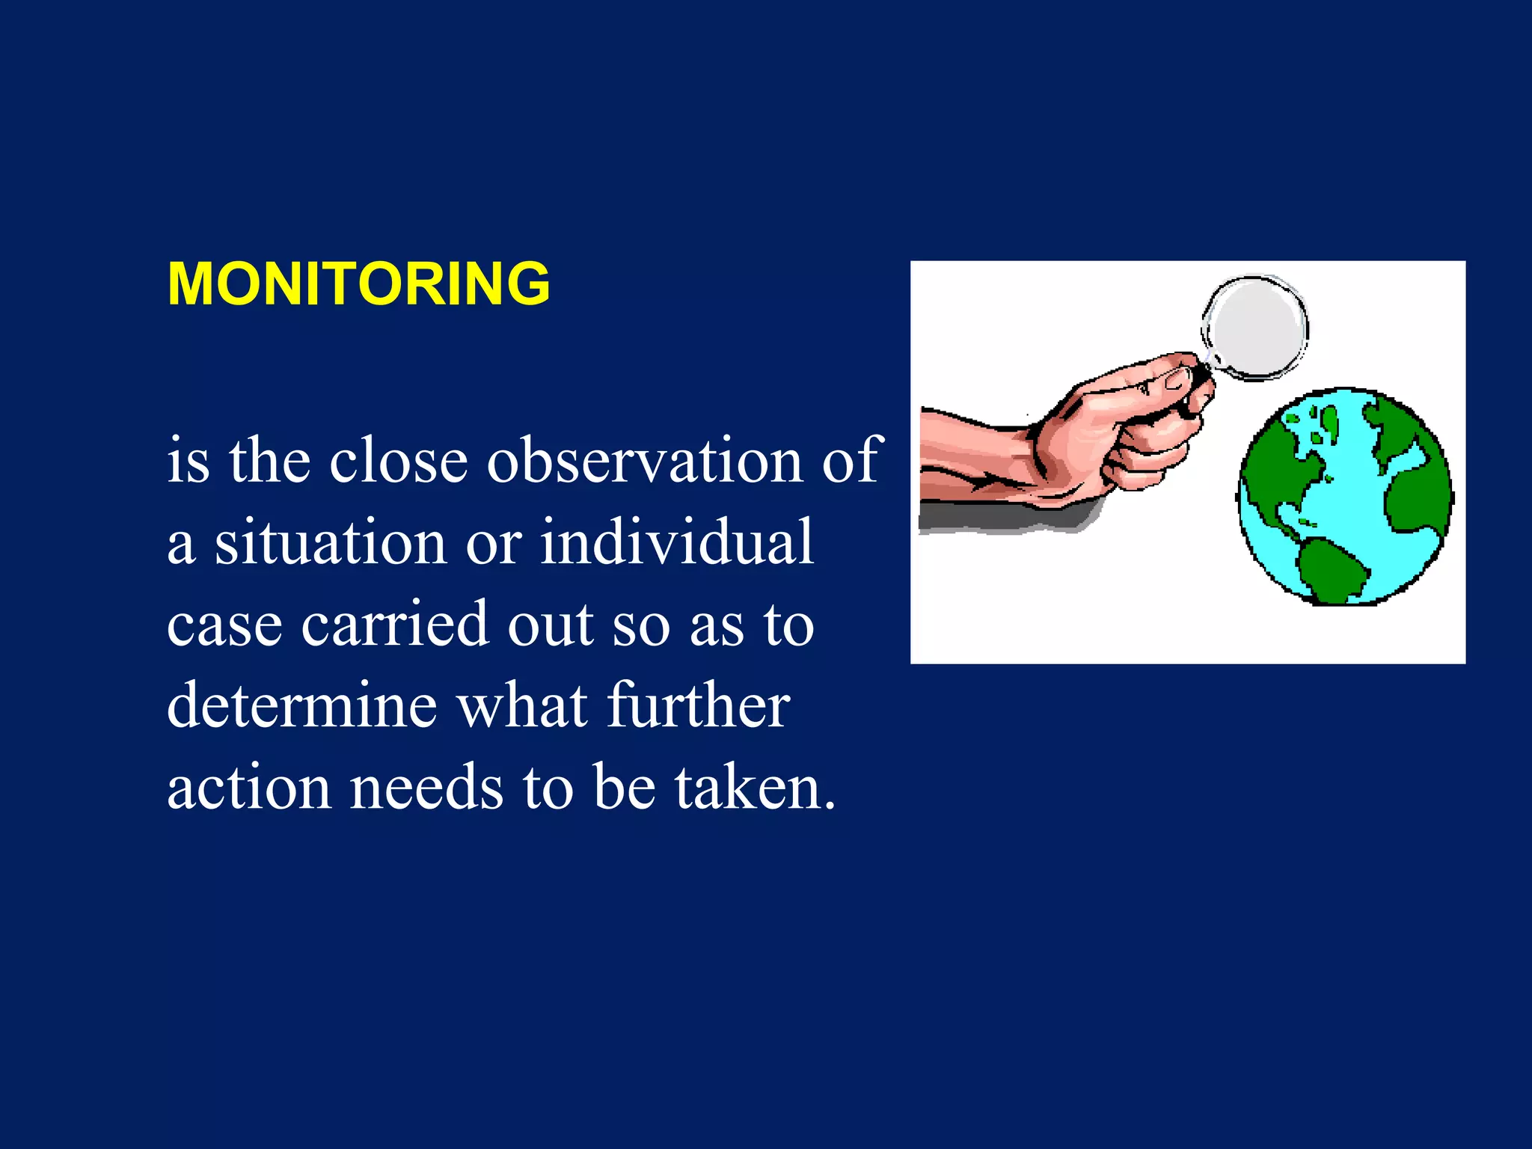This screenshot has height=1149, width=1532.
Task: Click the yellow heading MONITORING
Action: click(x=358, y=284)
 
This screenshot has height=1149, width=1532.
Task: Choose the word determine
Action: click(x=301, y=705)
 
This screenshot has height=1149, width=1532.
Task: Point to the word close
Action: click(x=398, y=460)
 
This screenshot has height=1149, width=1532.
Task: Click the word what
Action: click(x=522, y=705)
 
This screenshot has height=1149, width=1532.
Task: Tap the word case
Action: click(x=224, y=625)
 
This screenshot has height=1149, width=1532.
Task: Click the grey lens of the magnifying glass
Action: click(x=1255, y=327)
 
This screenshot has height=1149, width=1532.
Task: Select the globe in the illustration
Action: click(x=1344, y=497)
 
